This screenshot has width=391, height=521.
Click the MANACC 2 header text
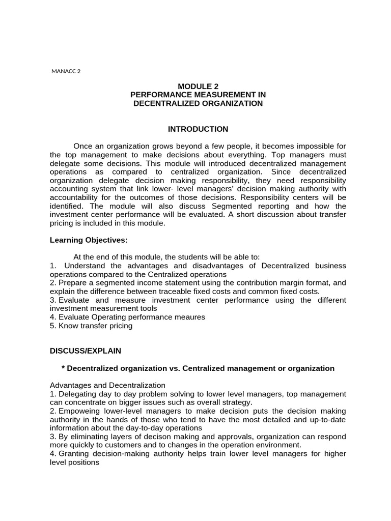(x=66, y=71)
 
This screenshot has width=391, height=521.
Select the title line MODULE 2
(x=198, y=86)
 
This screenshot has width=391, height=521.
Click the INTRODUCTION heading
(x=198, y=129)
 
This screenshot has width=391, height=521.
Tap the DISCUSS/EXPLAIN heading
(x=86, y=351)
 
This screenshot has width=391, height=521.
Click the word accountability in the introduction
(x=73, y=197)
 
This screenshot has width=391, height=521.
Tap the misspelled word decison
(x=151, y=437)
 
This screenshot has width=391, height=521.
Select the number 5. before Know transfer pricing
(x=53, y=326)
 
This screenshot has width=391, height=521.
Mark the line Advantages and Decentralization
(x=107, y=385)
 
